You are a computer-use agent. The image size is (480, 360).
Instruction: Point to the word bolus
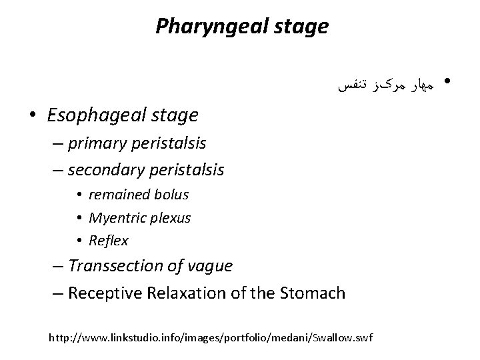[173, 195]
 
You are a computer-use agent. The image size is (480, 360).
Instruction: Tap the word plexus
[170, 217]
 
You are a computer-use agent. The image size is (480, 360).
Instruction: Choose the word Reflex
[109, 240]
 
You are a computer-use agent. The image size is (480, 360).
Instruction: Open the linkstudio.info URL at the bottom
[211, 338]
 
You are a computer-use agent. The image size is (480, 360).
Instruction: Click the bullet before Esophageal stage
[32, 116]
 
